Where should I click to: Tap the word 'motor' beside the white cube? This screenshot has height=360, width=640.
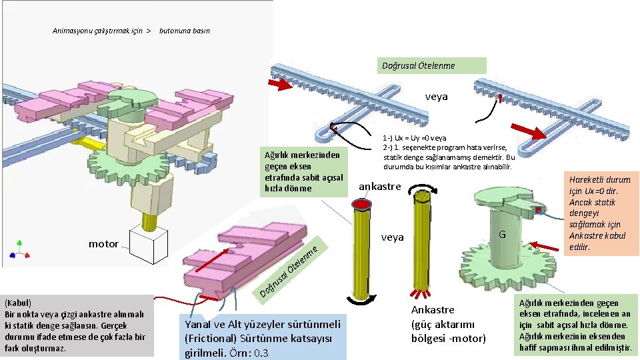point(103,244)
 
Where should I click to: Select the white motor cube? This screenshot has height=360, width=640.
point(148,245)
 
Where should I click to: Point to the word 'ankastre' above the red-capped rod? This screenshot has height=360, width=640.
point(380,186)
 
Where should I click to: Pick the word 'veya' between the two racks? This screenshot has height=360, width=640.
point(437,97)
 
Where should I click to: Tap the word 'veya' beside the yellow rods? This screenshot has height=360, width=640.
point(393,237)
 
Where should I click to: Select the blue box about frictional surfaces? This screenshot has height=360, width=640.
point(263,337)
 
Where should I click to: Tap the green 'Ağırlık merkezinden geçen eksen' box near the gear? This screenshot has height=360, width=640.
point(303,171)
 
